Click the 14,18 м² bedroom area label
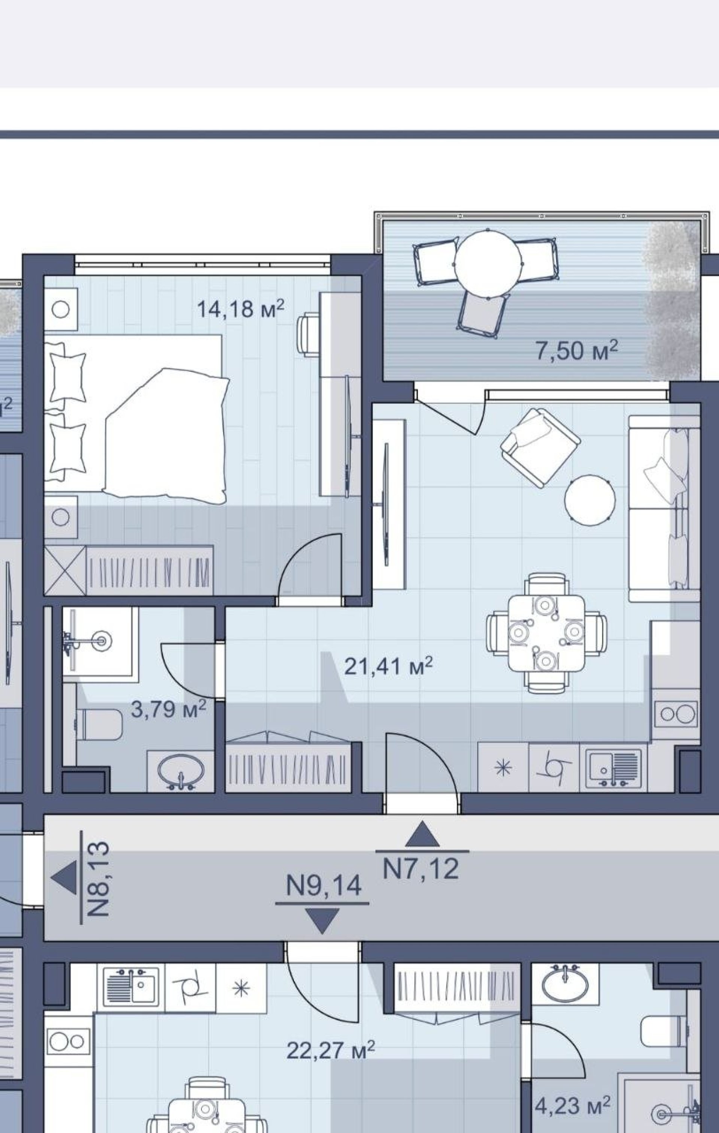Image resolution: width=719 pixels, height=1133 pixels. (x=240, y=309)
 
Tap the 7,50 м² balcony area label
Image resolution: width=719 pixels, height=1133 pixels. (x=577, y=351)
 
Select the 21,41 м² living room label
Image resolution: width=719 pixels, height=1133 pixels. (x=388, y=666)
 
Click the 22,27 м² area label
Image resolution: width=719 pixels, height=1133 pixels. (x=331, y=1050)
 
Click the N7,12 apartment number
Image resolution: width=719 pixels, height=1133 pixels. (x=421, y=869)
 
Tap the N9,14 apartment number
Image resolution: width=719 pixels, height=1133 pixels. (x=324, y=886)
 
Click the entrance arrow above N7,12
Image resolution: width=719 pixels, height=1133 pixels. (x=422, y=834)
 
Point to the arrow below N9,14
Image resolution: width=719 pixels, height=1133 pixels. (x=322, y=921)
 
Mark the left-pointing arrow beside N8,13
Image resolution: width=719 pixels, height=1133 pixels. (x=64, y=878)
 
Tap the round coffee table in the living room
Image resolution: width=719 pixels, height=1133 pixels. (x=590, y=500)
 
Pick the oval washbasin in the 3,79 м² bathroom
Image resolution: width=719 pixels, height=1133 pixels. (x=181, y=771)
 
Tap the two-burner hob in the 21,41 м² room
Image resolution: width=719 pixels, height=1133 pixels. (x=676, y=714)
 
